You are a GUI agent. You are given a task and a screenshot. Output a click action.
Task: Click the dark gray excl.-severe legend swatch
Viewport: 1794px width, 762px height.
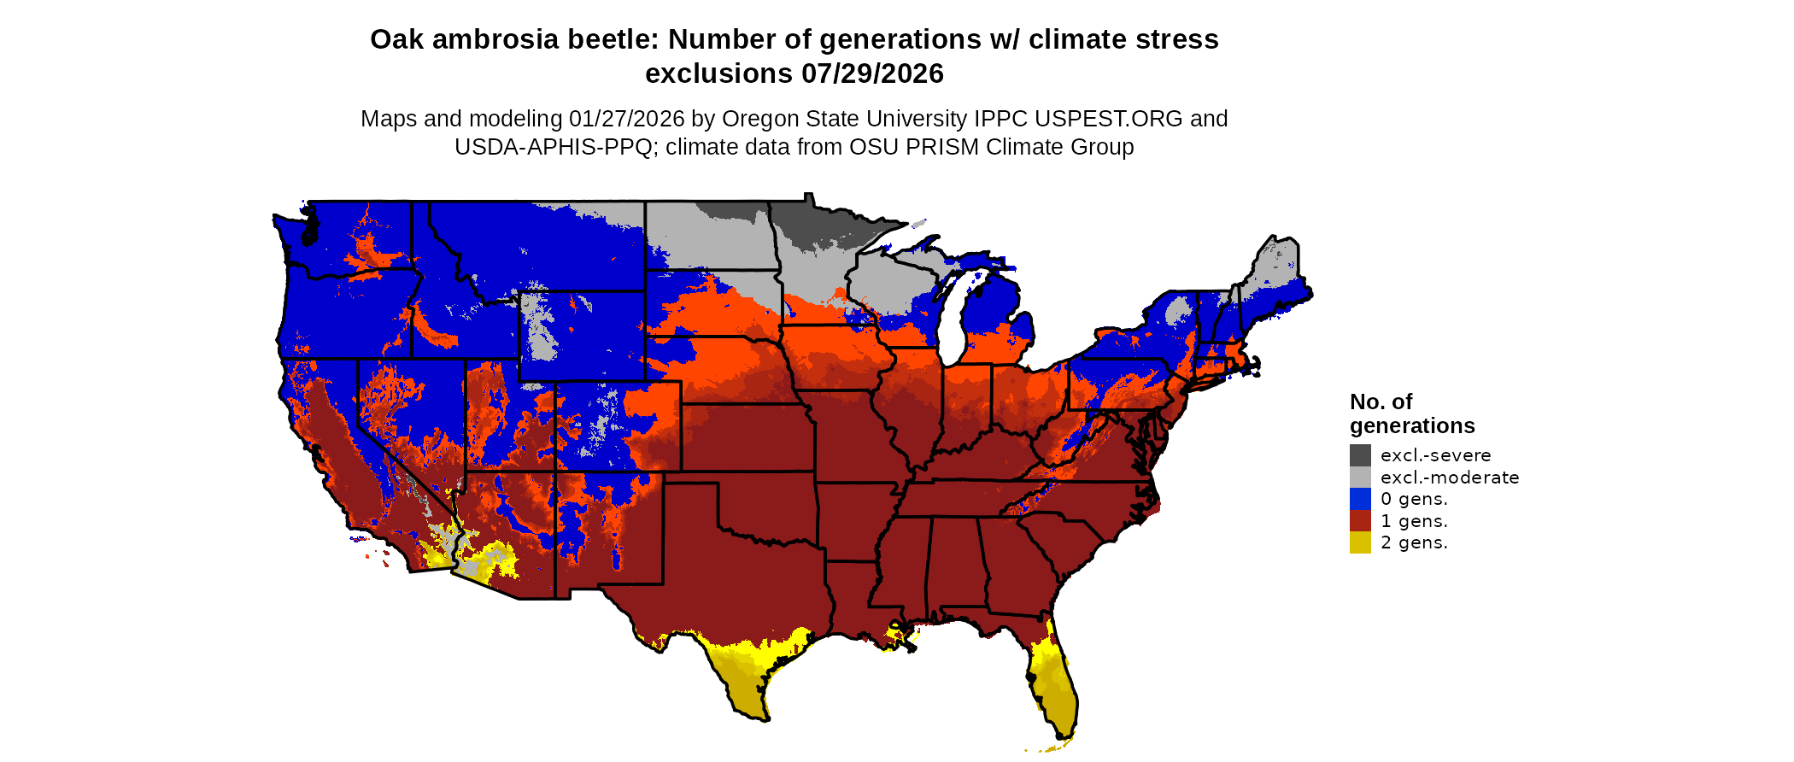coord(1360,455)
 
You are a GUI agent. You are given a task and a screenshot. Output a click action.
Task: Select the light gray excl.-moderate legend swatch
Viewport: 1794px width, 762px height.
coord(1360,478)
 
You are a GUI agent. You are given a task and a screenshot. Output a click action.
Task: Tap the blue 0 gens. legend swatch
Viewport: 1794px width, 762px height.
coord(1360,499)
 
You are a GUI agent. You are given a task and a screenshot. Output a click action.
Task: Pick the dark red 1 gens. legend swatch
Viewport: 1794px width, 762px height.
coord(1360,521)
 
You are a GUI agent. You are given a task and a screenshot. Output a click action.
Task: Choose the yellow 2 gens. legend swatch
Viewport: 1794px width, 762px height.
coord(1360,542)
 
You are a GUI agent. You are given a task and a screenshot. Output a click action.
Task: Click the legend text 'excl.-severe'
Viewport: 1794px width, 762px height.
coord(1435,455)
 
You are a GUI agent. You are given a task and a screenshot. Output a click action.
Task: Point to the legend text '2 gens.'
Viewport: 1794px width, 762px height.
coord(1414,542)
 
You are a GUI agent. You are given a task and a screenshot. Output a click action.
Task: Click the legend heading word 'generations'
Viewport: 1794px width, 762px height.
coord(1412,425)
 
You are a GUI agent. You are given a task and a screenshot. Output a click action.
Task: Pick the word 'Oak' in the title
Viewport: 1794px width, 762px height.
coord(396,39)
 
